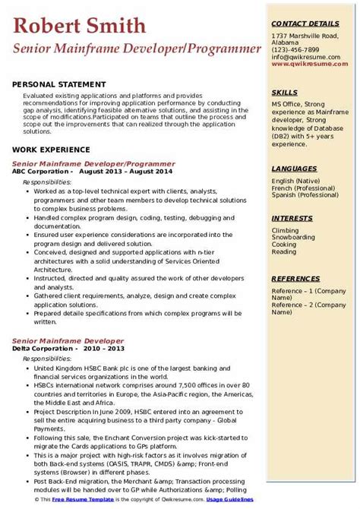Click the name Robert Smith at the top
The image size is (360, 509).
[80, 27]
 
